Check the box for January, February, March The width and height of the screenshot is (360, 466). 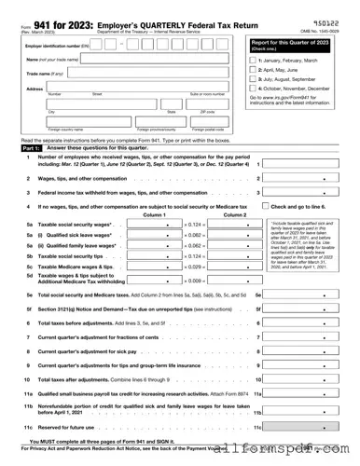pyautogui.click(x=254, y=59)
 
